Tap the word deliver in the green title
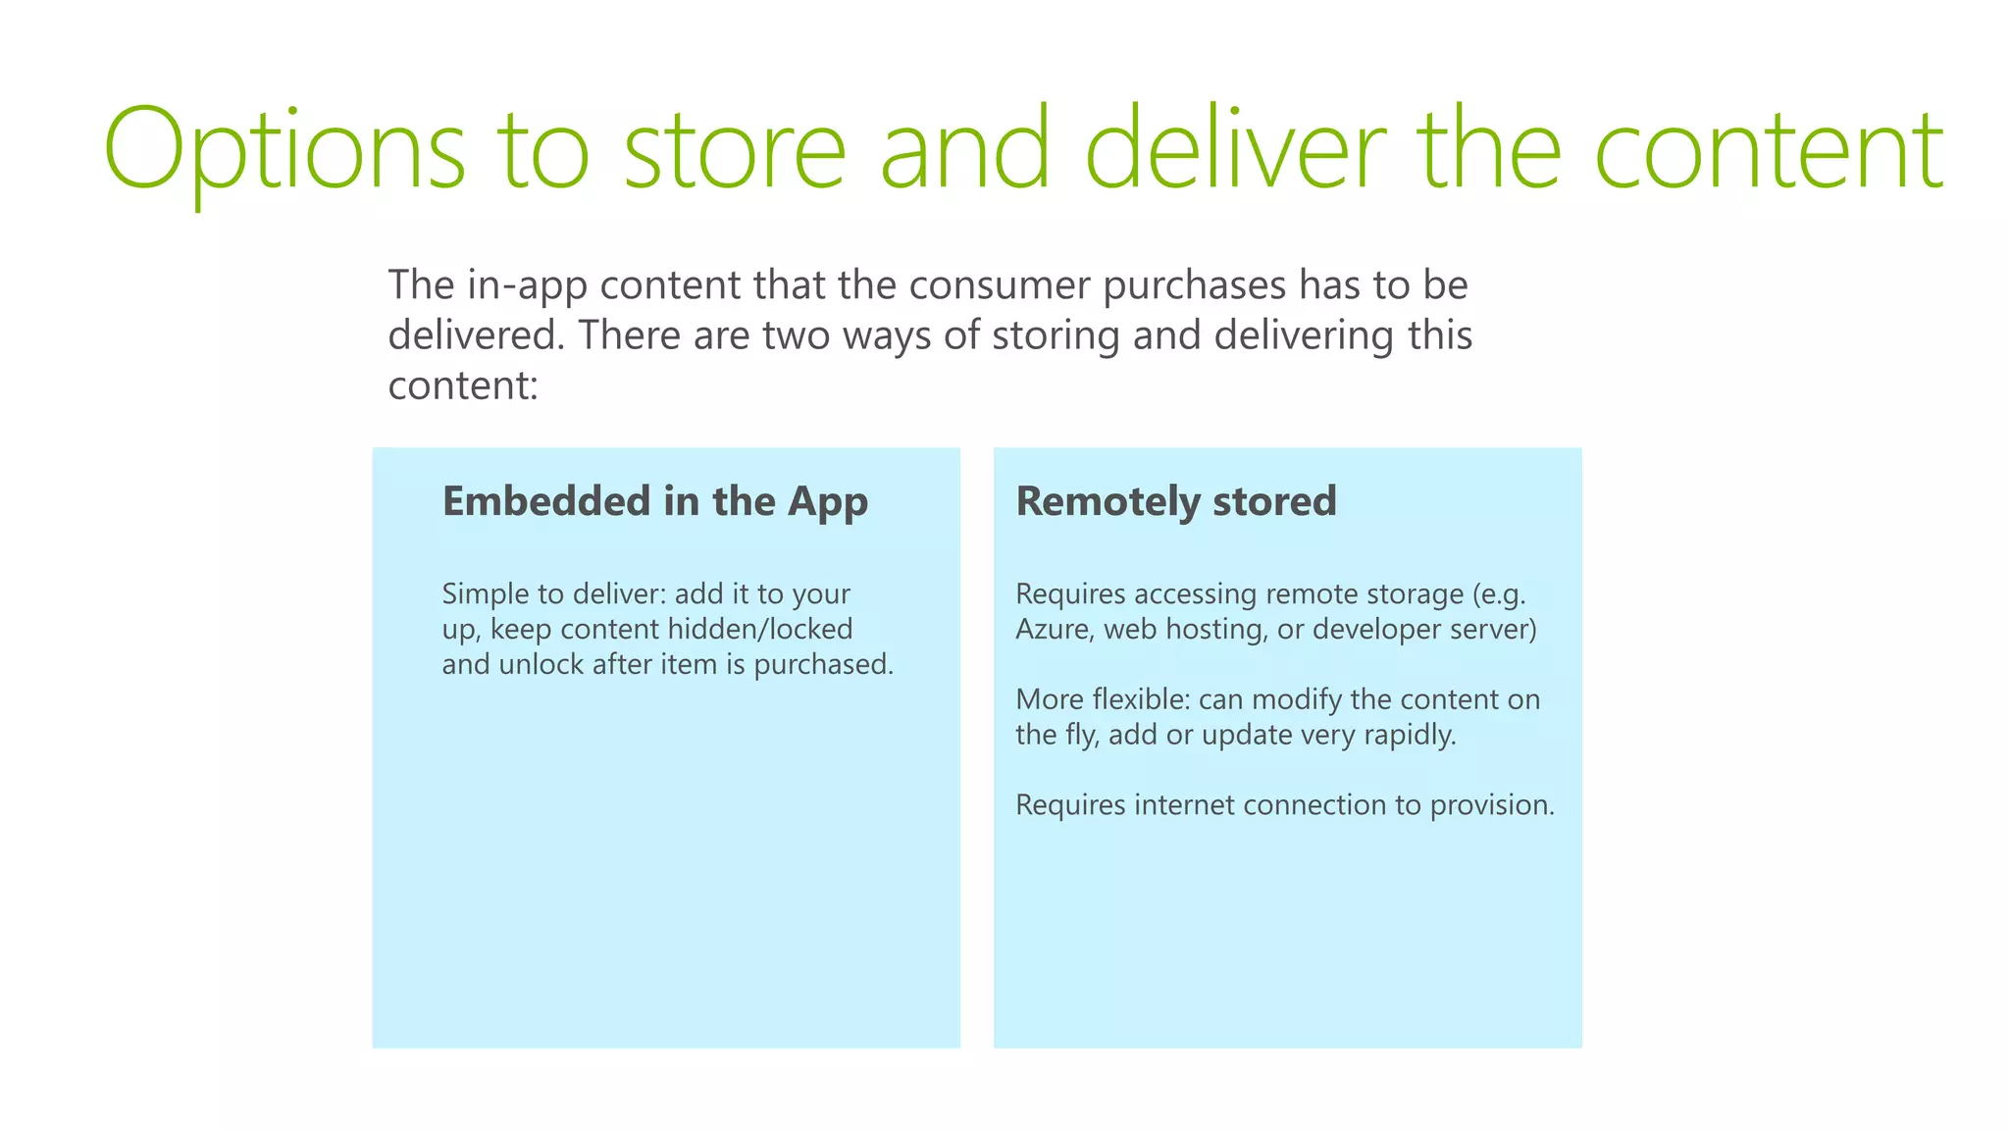[x=1236, y=149]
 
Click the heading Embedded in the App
[x=654, y=501]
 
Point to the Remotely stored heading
[x=1175, y=501]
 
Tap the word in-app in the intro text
[x=527, y=285]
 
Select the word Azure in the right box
[x=1053, y=629]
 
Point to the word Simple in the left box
[x=485, y=593]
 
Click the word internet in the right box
[x=1185, y=805]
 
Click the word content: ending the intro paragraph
[x=463, y=385]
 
